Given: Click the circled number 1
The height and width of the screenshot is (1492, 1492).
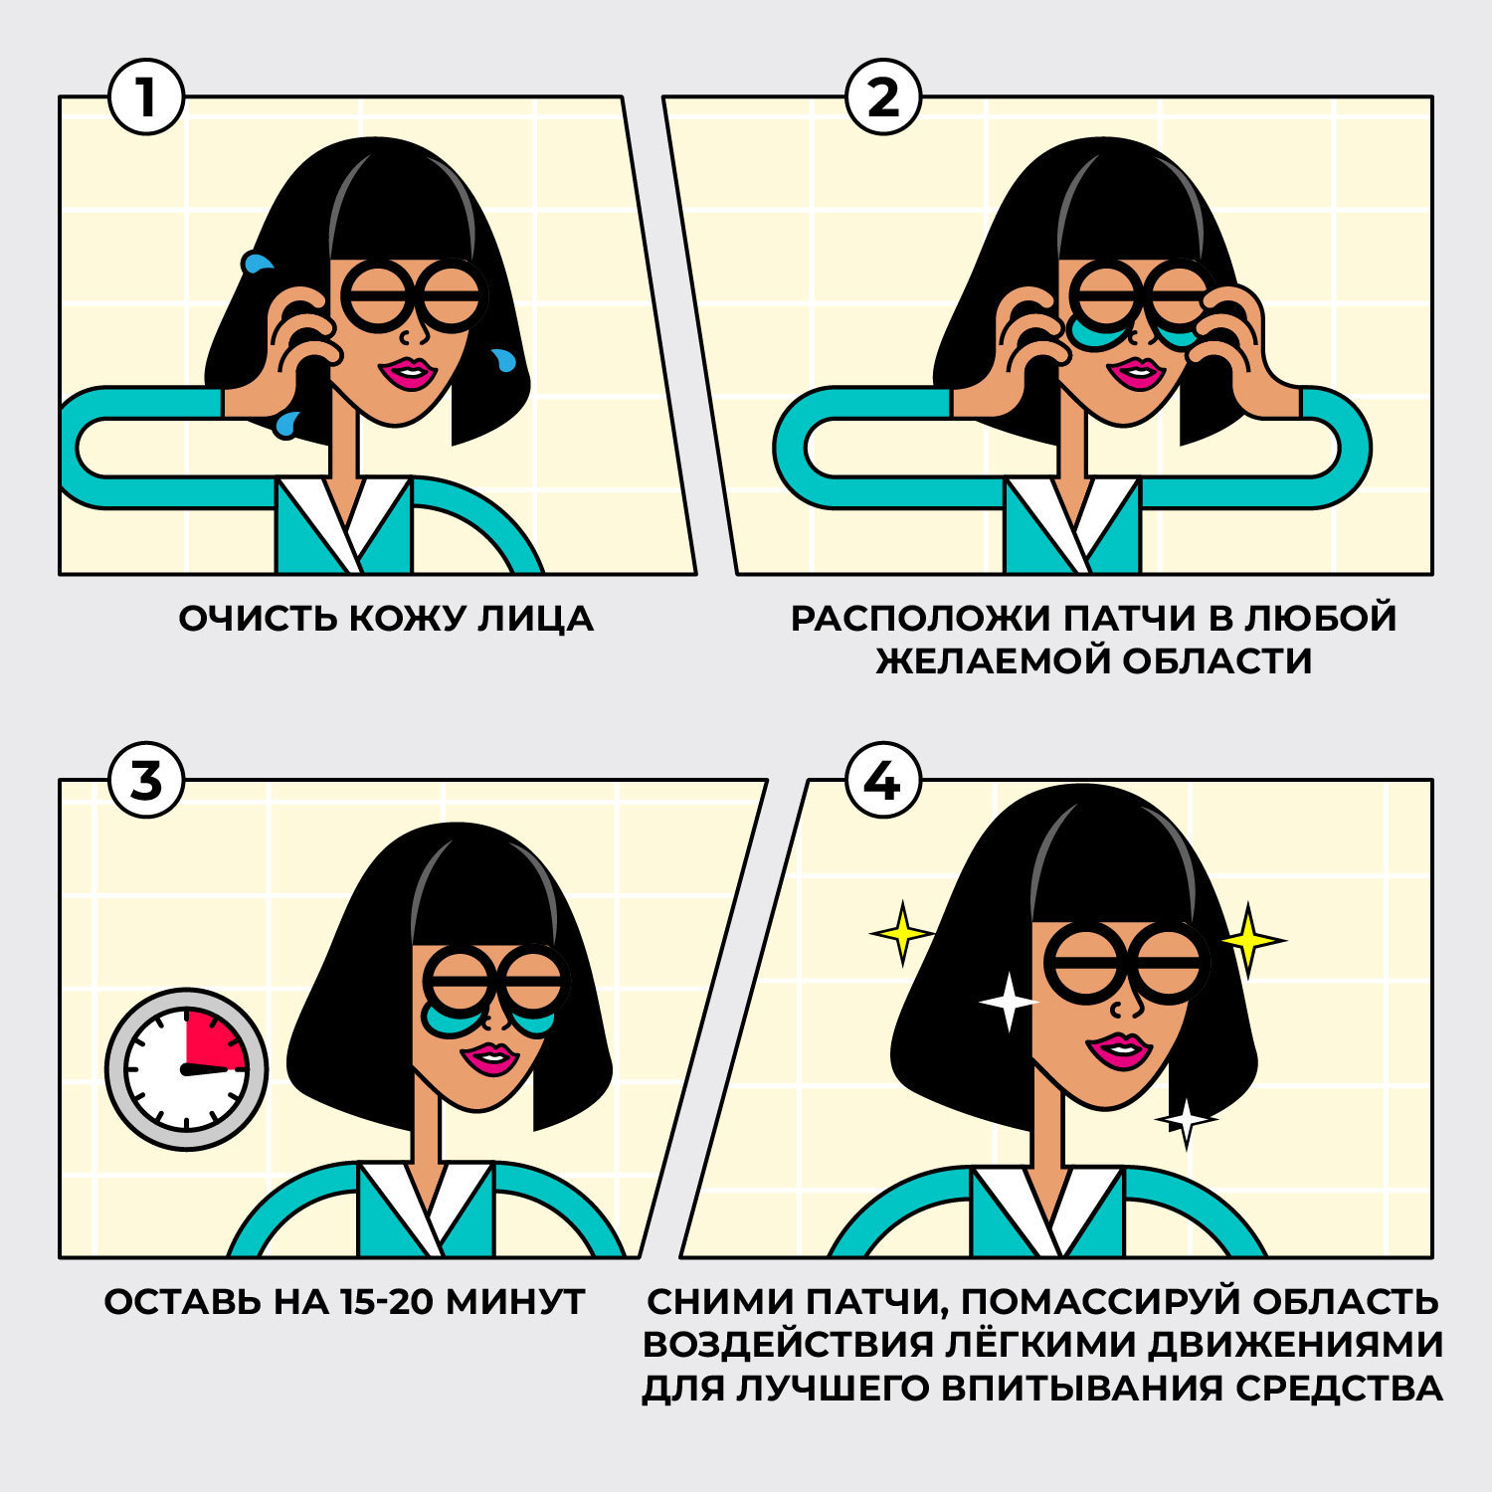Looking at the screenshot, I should [x=146, y=97].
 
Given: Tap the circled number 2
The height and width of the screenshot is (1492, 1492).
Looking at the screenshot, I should [x=883, y=97].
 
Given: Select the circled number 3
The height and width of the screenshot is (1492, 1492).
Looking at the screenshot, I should [x=146, y=781].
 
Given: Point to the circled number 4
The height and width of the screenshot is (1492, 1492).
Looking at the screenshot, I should [x=883, y=781].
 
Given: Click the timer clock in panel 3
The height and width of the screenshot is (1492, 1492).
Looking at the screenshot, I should [x=187, y=1069].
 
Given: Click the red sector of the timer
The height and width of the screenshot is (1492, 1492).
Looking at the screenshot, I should [x=216, y=1039].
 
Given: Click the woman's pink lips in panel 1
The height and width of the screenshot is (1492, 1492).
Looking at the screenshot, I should [x=407, y=373].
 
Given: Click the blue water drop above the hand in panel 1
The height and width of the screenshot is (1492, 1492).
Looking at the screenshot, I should [x=258, y=263].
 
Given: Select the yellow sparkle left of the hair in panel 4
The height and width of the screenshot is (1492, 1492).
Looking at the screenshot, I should [x=902, y=933].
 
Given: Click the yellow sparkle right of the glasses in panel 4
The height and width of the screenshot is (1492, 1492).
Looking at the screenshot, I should [x=1249, y=939].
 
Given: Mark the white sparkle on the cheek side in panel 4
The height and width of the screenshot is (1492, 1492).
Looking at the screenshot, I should [x=1008, y=1002].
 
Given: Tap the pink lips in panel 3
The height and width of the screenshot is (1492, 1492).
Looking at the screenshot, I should [x=489, y=1058].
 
